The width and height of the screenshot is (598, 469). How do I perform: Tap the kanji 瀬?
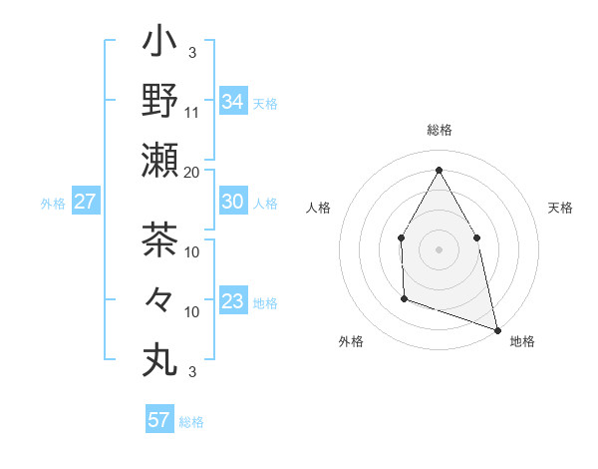159,161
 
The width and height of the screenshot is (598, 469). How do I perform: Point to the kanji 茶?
159,239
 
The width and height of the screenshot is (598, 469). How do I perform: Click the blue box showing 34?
233,102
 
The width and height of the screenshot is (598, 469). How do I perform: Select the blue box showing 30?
233,202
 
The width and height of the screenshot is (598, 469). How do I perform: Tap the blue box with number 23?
233,301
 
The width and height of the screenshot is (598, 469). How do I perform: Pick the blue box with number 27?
86,202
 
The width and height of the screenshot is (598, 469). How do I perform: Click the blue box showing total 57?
159,420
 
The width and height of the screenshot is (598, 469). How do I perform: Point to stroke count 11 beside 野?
192,112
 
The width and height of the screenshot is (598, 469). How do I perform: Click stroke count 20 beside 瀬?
192,172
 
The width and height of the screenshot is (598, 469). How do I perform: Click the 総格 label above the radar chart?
439,130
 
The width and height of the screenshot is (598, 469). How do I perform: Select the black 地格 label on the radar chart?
522,342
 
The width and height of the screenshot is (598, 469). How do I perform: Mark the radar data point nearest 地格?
496,328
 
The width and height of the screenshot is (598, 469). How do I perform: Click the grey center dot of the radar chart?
439,248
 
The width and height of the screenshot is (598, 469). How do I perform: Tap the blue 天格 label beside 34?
265,103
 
